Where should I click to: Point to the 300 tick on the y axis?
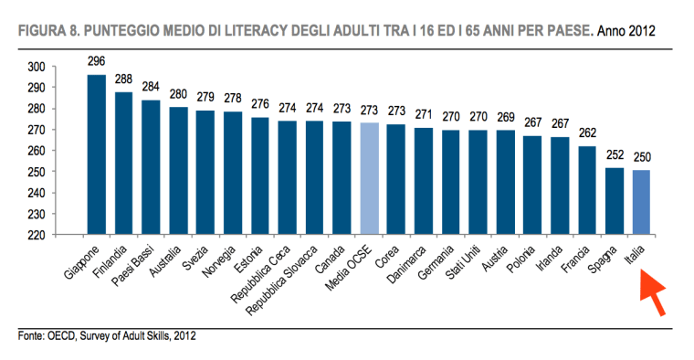coord(39,67)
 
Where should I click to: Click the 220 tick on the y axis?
coord(39,234)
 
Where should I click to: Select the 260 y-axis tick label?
coord(39,151)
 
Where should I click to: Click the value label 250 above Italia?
coord(643,159)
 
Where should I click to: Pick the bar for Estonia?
coord(260,175)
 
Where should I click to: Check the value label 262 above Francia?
coord(588,134)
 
